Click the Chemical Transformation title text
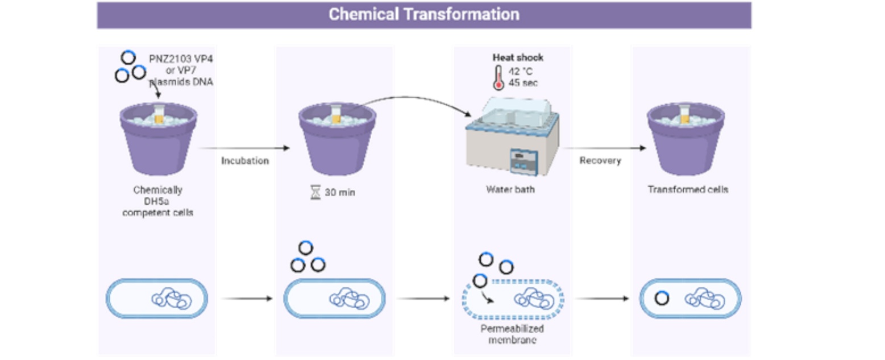tap(423, 15)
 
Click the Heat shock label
tap(518, 58)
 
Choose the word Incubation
tap(244, 161)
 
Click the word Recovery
tap(600, 161)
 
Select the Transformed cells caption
tap(688, 189)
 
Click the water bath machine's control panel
tap(524, 160)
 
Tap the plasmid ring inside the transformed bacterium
tap(661, 299)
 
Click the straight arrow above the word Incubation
tap(244, 148)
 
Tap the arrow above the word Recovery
tap(611, 148)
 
